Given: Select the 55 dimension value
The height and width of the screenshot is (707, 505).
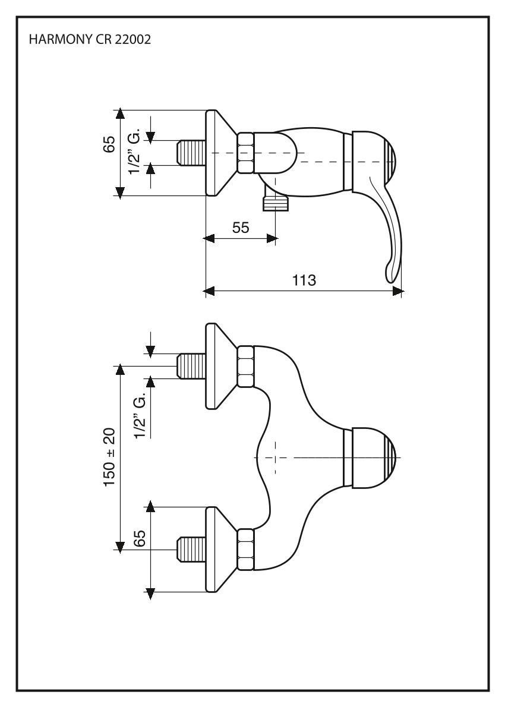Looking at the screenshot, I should (x=241, y=228).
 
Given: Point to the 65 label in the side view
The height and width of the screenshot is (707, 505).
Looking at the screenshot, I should (x=109, y=144).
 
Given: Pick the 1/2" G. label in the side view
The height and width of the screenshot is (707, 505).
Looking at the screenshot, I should (x=136, y=153).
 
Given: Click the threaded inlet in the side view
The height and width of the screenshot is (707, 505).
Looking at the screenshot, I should (x=192, y=153).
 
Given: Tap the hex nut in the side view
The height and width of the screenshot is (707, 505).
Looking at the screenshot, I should (x=246, y=153).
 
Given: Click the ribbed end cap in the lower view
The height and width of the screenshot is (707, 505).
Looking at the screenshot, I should (x=389, y=457).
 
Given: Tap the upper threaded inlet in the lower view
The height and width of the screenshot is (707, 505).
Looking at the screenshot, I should (x=192, y=367).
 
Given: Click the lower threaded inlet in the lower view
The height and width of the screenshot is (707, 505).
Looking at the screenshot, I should (x=192, y=550).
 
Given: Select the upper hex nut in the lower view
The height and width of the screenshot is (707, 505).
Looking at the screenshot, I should (x=246, y=366).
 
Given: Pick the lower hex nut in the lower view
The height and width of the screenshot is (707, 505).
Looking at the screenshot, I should (x=246, y=549).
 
